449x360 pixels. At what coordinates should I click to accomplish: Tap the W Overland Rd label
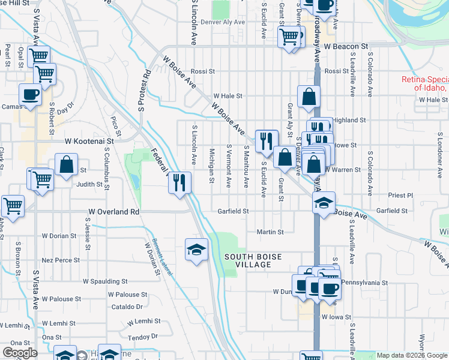(114, 212)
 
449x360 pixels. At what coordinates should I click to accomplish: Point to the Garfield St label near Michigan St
(234, 211)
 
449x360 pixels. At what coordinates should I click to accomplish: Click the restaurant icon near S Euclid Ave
(267, 140)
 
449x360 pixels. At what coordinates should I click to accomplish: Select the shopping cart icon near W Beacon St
(289, 37)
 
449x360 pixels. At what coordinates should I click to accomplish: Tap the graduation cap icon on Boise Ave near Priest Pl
(324, 202)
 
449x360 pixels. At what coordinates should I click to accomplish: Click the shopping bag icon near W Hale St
(309, 96)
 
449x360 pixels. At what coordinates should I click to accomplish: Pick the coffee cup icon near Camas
(30, 94)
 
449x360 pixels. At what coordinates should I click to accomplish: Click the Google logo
(20, 353)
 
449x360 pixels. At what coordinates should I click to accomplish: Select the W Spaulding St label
(105, 281)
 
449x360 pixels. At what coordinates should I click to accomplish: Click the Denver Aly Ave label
(223, 22)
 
